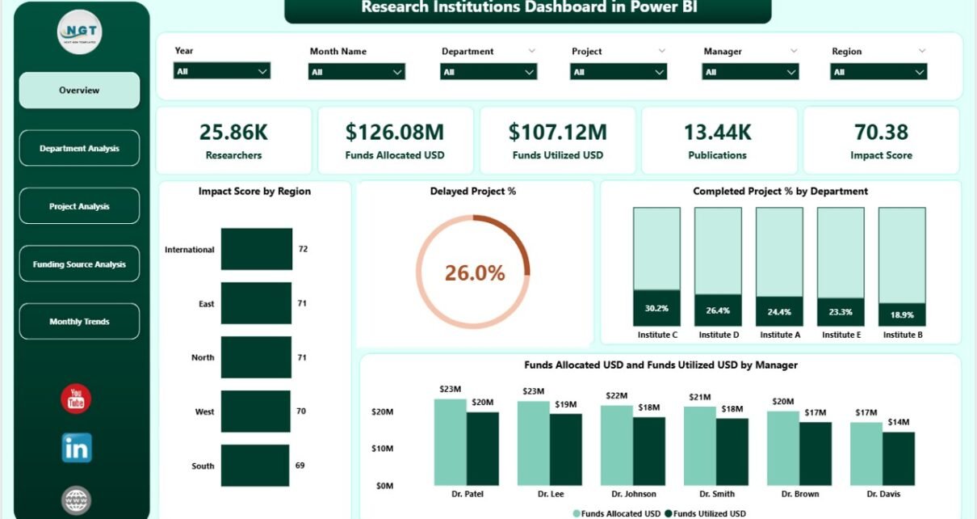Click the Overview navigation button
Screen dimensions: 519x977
(79, 91)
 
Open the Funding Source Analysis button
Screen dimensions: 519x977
(79, 264)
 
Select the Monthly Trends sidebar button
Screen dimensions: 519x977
(79, 322)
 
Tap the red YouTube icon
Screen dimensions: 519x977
(76, 399)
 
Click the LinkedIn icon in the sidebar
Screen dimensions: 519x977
(77, 448)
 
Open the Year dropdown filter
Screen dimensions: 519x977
(222, 71)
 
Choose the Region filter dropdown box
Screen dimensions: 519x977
(878, 72)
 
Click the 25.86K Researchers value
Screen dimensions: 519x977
(233, 132)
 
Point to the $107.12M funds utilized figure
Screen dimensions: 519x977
(557, 132)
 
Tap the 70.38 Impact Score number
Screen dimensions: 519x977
(881, 132)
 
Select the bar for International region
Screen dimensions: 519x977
(257, 249)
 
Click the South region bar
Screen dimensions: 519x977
(255, 466)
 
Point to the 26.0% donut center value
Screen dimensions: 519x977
(475, 273)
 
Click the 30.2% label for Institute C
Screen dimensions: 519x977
(656, 308)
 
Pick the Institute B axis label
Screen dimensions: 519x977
(902, 335)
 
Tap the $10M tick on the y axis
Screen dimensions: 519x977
(383, 448)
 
